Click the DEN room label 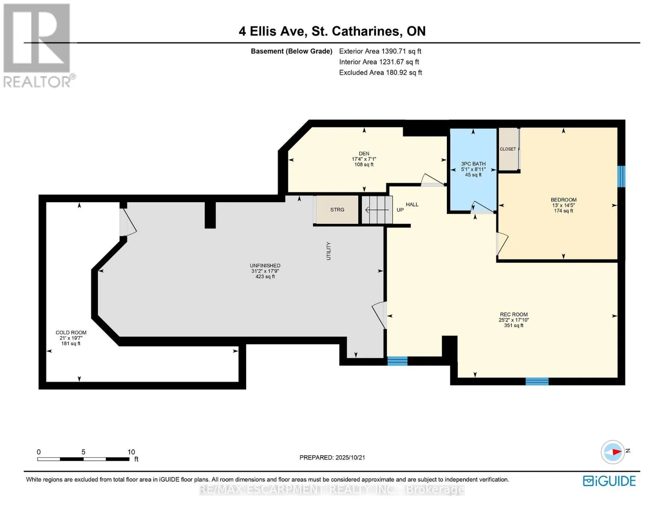click(363, 153)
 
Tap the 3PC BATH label click(473, 164)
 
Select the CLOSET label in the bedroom click(508, 149)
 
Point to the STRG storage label click(337, 209)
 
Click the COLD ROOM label click(71, 333)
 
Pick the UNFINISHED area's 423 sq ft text click(265, 277)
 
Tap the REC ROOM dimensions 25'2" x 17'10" click(513, 320)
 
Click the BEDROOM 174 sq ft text click(564, 211)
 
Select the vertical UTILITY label click(328, 251)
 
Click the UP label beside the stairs click(400, 210)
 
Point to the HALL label click(412, 204)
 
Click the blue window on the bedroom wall click(621, 176)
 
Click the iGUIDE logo click(609, 481)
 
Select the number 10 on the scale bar click(131, 452)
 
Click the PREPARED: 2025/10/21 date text click(332, 457)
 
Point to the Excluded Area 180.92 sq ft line click(381, 72)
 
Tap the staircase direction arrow click(377, 210)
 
